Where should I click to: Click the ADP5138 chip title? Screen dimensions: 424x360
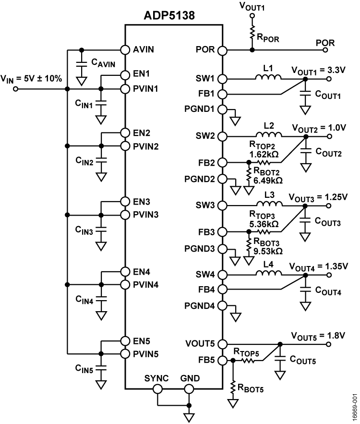[x=174, y=16]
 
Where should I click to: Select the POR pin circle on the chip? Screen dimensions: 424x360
[x=222, y=50]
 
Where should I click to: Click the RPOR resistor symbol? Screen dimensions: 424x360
[x=251, y=33]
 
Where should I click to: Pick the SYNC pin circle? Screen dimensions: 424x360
[x=157, y=388]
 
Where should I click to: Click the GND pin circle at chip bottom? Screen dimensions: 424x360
[x=190, y=388]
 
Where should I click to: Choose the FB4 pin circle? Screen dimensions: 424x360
[x=222, y=290]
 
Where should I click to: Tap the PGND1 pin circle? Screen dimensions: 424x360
[x=222, y=109]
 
